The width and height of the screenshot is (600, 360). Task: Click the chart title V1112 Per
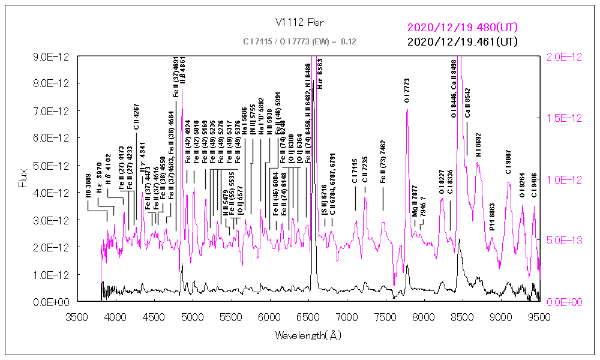point(299,23)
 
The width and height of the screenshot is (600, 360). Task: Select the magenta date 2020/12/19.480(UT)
point(462,28)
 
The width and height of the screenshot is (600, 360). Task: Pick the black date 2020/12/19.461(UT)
point(462,42)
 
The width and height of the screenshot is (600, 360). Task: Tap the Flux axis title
point(23,178)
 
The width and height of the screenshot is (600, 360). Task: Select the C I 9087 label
point(509,162)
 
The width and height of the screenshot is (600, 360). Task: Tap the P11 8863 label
point(492,217)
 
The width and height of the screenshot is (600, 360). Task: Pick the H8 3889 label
point(88,188)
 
